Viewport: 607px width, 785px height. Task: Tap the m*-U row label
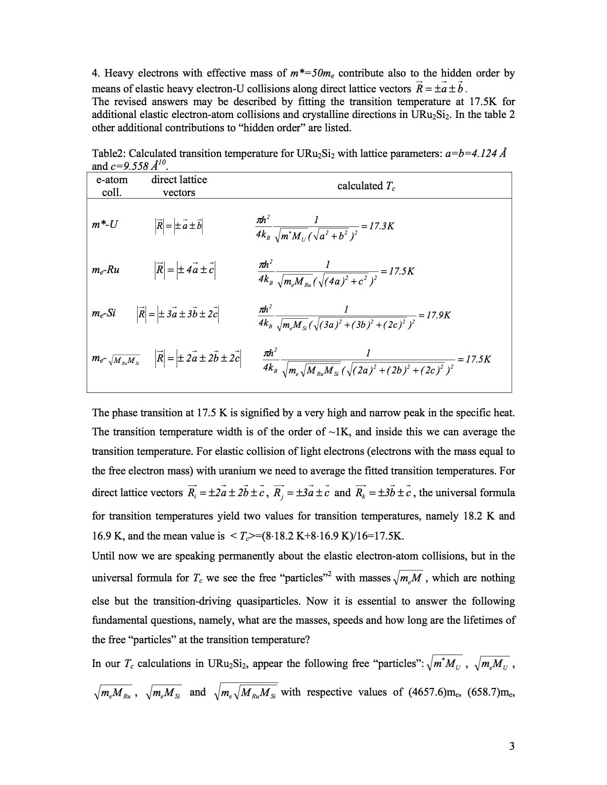point(105,224)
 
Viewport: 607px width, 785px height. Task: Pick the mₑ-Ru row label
point(106,270)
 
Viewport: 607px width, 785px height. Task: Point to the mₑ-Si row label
point(104,313)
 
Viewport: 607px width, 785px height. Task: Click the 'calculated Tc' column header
point(366,186)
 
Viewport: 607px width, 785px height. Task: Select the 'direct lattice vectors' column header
point(179,186)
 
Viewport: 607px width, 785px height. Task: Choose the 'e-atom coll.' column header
point(112,186)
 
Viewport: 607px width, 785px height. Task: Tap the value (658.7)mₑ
point(492,692)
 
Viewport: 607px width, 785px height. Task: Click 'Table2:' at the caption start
point(109,154)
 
